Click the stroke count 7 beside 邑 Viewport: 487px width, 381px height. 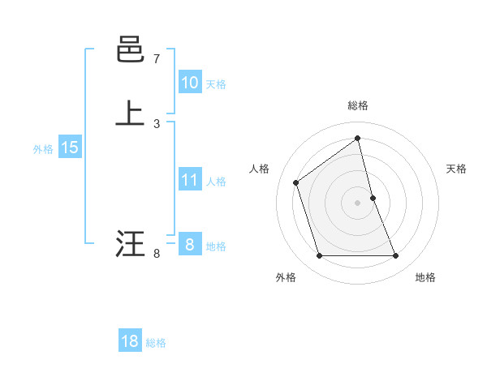157,59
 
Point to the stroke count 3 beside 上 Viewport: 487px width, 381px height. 157,123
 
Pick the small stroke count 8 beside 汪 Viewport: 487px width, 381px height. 157,254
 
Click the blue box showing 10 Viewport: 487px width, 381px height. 189,83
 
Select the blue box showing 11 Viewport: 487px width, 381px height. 189,180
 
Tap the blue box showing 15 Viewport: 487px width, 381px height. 69,148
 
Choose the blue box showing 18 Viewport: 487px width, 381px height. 130,341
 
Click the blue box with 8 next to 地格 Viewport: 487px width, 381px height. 189,245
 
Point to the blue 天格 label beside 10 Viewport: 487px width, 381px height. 216,84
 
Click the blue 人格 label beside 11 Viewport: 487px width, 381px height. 216,182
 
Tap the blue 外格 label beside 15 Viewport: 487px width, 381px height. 43,149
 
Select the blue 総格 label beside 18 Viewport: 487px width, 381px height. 156,343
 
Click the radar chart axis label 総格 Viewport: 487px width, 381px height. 358,105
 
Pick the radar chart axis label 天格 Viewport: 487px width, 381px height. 457,169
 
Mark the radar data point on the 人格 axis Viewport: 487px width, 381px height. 296,182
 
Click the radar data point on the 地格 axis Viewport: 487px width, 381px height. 396,256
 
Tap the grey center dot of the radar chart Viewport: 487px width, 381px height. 358,203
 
